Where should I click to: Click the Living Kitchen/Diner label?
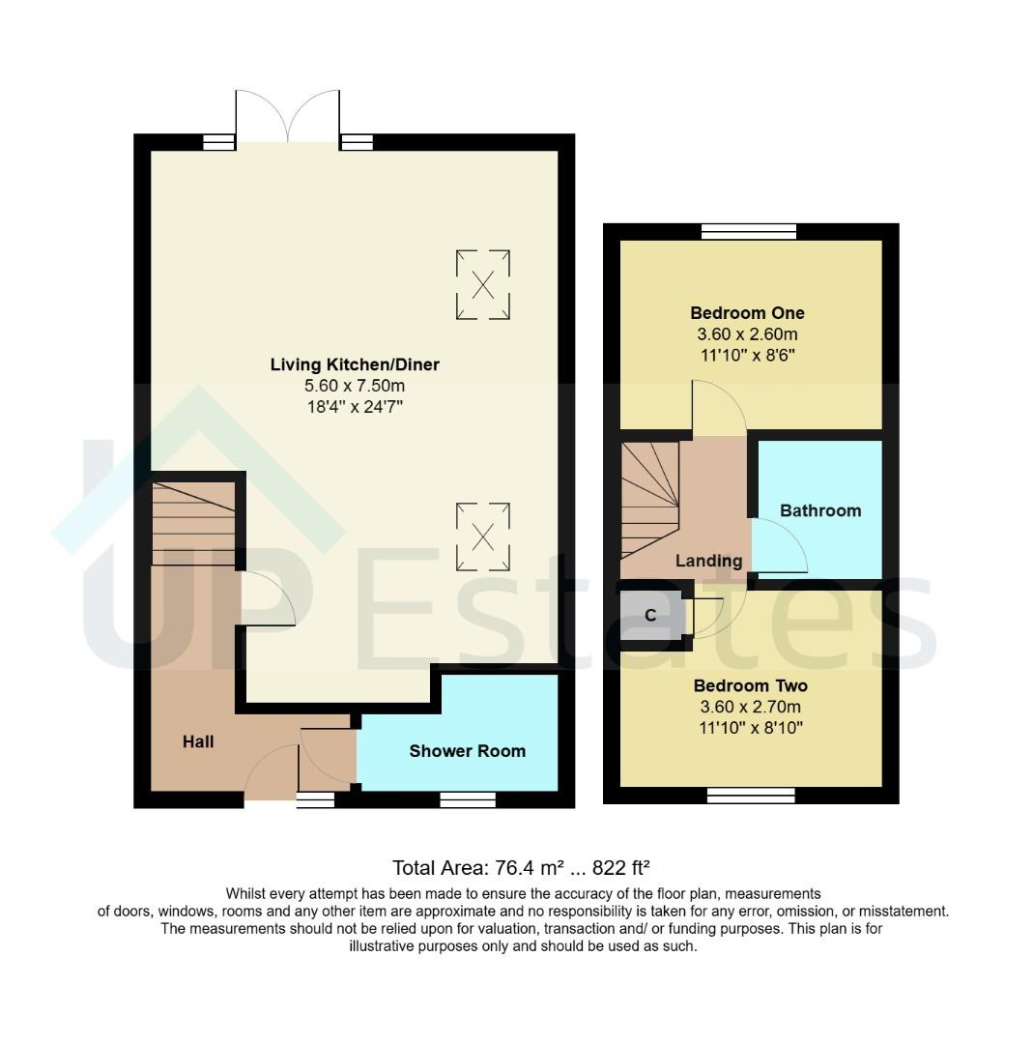point(355,364)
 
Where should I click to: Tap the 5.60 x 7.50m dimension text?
point(355,386)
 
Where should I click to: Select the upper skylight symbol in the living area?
point(482,284)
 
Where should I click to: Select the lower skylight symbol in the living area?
point(482,536)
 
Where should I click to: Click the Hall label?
point(198,742)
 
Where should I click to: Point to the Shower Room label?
point(468,751)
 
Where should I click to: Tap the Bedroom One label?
point(747,313)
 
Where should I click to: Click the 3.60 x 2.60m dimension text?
point(747,334)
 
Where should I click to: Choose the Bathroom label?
point(820,510)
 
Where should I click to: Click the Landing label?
point(708,561)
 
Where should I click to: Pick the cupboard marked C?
point(650,616)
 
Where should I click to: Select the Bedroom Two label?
point(751,686)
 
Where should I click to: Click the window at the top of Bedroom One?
point(749,231)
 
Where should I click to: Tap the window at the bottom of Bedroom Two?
point(751,796)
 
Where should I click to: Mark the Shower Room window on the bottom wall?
point(468,799)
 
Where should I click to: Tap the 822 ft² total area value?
point(627,867)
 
